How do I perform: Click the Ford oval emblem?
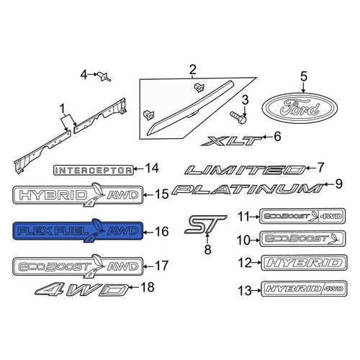(300, 108)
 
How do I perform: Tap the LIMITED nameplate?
(246, 170)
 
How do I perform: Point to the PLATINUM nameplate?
(247, 189)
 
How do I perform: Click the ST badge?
(205, 225)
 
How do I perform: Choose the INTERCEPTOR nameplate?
(93, 170)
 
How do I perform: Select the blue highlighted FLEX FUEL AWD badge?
(78, 230)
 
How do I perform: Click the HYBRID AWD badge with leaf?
(78, 195)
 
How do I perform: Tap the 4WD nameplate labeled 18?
(82, 289)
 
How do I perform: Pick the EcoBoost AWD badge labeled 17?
(78, 266)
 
